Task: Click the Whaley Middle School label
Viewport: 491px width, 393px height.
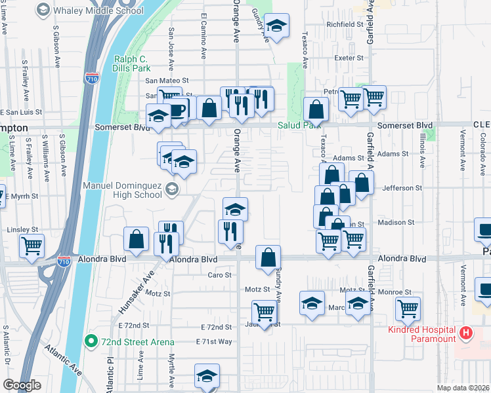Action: click(98, 10)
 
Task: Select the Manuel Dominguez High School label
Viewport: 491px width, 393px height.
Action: click(122, 189)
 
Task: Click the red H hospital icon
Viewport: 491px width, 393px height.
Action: click(466, 333)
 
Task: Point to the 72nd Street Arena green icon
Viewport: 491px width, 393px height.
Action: click(93, 341)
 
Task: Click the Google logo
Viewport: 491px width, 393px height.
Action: click(22, 385)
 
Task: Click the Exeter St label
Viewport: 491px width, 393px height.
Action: click(349, 58)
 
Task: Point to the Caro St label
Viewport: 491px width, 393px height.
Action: click(220, 275)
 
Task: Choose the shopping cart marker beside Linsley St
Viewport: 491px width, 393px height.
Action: click(32, 246)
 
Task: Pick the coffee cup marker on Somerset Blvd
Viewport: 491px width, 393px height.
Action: click(177, 109)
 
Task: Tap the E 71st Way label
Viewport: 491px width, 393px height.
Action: click(214, 342)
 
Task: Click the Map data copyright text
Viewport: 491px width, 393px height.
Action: click(463, 386)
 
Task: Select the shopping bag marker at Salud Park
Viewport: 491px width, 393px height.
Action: click(316, 109)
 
